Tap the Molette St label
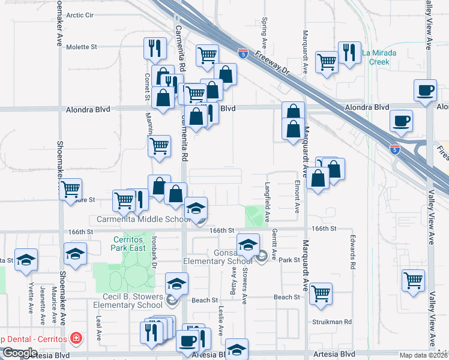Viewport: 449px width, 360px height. click(x=81, y=47)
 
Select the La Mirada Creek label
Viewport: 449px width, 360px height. click(x=379, y=57)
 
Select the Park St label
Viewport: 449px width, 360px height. click(x=289, y=260)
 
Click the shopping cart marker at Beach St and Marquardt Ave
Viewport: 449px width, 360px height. click(x=321, y=293)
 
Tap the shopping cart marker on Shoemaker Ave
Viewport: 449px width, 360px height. click(x=70, y=190)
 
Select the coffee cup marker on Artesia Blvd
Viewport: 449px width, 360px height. click(x=187, y=341)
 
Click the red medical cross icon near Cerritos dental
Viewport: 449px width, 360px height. click(x=76, y=338)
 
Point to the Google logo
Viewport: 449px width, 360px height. click(x=20, y=353)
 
